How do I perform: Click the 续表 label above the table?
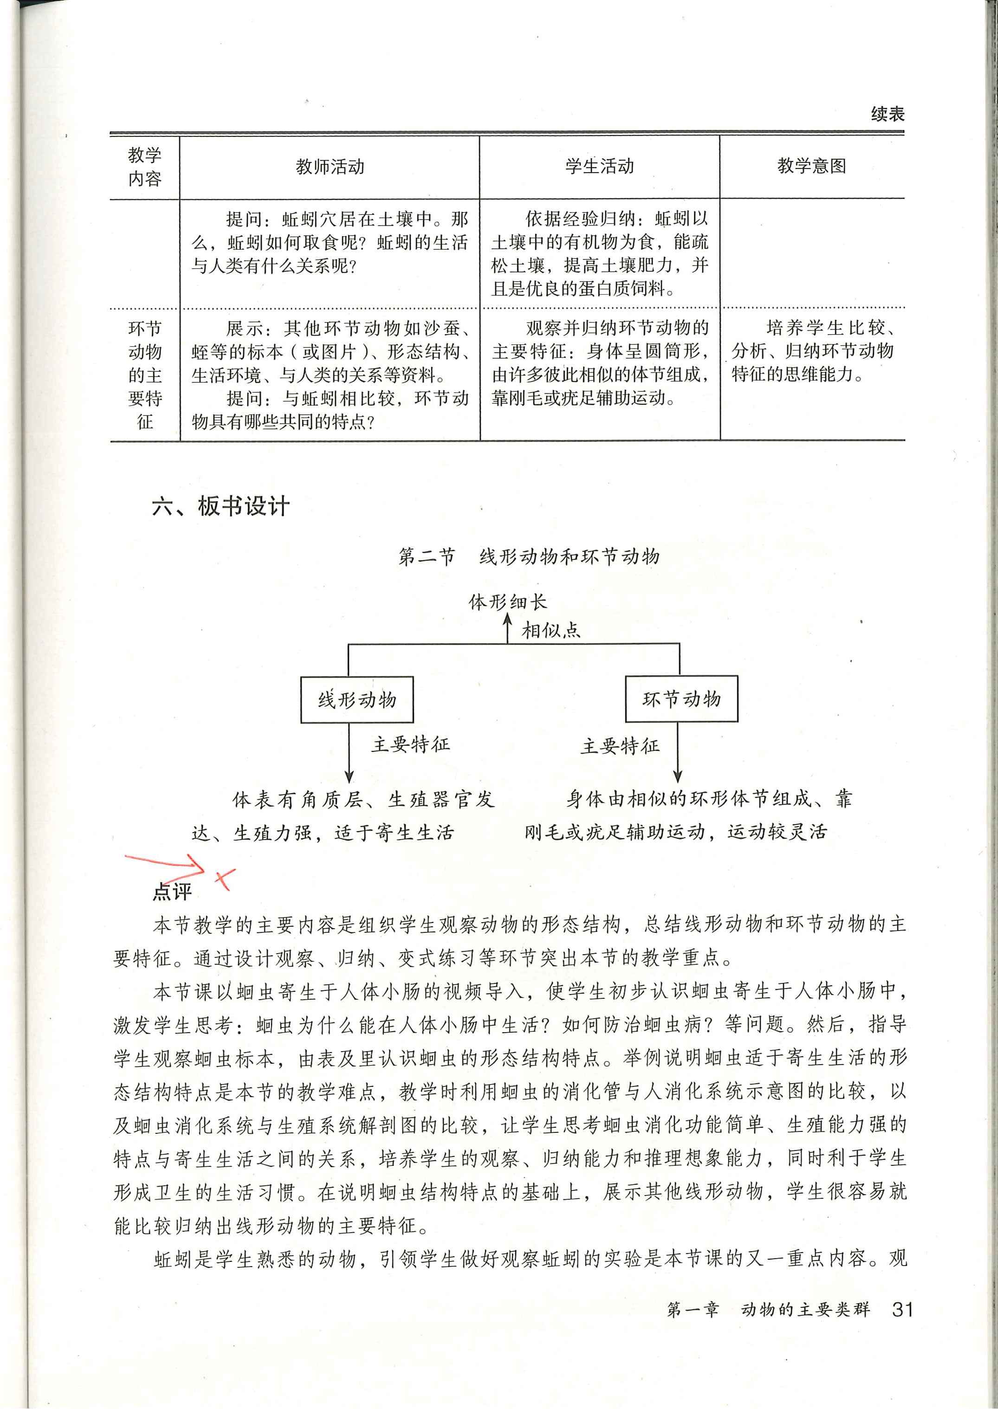[x=888, y=114]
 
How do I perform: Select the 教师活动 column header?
[x=330, y=167]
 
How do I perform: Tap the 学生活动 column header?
[x=599, y=167]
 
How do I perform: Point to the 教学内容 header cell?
[x=145, y=167]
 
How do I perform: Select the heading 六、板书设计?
[x=220, y=506]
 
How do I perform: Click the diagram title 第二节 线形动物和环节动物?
[x=529, y=557]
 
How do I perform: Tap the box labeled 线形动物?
[x=356, y=699]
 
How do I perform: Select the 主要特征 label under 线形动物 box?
[x=410, y=745]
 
